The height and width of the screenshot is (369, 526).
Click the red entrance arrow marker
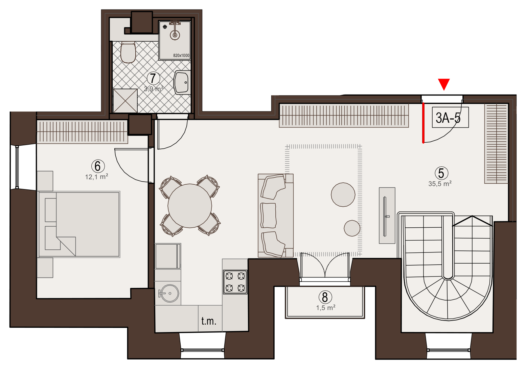tap(443, 84)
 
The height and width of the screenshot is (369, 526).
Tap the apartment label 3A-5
tap(448, 118)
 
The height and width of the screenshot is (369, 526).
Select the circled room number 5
tap(441, 173)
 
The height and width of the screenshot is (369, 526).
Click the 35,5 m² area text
tap(440, 184)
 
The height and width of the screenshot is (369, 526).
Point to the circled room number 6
tap(98, 166)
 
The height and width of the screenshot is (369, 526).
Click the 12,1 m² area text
tap(96, 177)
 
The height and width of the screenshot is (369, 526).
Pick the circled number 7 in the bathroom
tap(153, 78)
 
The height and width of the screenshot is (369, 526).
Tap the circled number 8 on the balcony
tap(325, 297)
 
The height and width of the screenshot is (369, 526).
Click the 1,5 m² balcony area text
tap(326, 308)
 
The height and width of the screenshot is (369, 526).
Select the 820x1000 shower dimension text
tap(181, 56)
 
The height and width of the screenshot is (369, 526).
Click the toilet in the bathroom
tap(128, 52)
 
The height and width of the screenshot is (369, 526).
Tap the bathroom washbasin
tap(182, 82)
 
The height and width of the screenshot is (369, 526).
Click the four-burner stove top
tap(235, 282)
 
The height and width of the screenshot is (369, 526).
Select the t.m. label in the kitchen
tap(208, 321)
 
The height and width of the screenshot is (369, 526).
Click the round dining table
tap(190, 206)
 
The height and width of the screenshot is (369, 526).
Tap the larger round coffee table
tap(343, 195)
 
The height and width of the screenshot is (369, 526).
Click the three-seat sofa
tap(276, 216)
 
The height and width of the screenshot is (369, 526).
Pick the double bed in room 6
tap(79, 224)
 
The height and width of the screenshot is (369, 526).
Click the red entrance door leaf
tap(423, 123)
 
